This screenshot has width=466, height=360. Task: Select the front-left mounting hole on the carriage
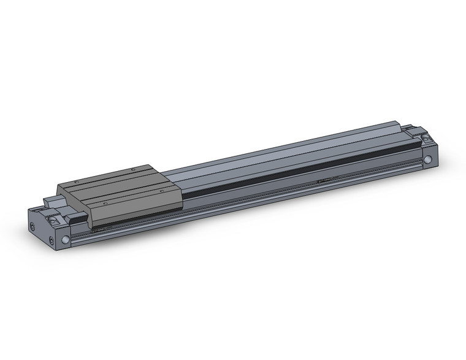point(105,202)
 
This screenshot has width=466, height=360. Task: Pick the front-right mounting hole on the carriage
point(161,191)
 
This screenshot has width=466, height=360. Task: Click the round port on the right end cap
point(427,161)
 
